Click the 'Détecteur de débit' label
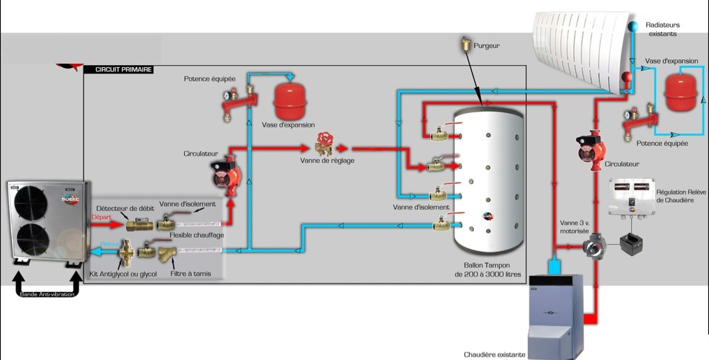click(125, 207)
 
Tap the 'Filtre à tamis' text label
click(190, 272)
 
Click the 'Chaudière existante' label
click(495, 354)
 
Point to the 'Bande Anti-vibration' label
click(47, 294)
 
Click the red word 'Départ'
click(101, 217)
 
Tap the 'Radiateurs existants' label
click(662, 29)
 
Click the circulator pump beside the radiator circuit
click(589, 146)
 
